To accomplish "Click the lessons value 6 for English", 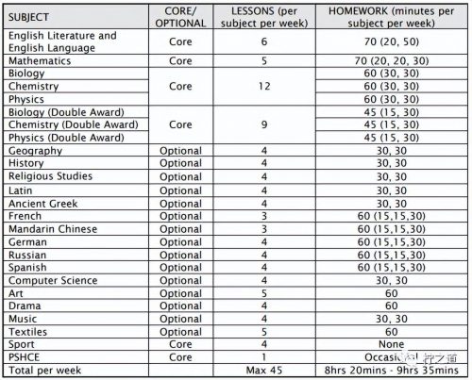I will pos(250,42).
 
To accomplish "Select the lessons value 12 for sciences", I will pos(250,86).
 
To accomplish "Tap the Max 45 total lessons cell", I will pos(250,372).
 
